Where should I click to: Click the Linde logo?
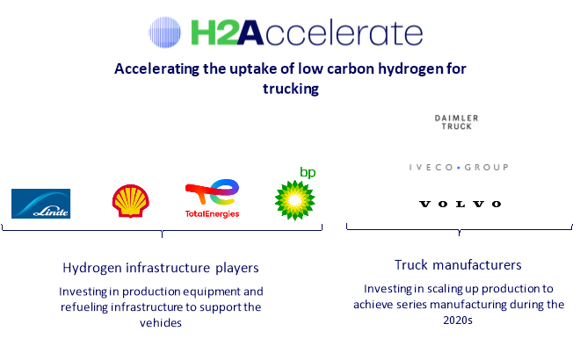click(x=40, y=204)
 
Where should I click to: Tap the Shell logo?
click(x=131, y=201)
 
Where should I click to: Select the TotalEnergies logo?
click(x=212, y=199)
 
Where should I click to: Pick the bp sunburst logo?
click(x=294, y=199)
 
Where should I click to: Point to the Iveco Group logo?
click(x=459, y=167)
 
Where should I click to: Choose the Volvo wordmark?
click(x=460, y=204)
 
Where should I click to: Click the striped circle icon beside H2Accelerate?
click(x=167, y=33)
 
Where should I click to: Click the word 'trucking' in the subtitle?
click(x=289, y=89)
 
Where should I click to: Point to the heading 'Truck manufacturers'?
click(x=458, y=264)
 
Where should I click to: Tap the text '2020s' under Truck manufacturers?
click(x=458, y=320)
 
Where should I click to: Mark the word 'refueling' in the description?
click(x=83, y=306)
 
